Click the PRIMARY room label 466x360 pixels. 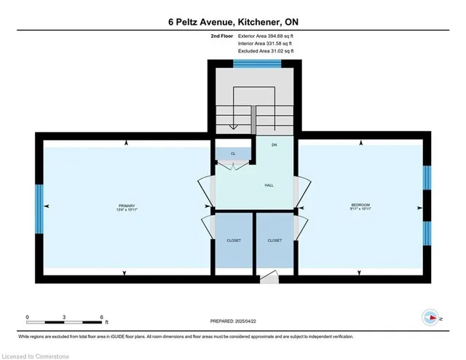point(127,206)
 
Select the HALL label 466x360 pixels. point(269,186)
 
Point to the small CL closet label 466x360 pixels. point(233,154)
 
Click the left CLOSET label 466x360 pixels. point(234,240)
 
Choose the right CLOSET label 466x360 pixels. point(275,240)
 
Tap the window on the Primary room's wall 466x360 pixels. point(40,208)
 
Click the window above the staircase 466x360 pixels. point(256,64)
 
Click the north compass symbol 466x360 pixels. point(431,317)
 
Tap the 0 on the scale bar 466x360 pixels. point(28,317)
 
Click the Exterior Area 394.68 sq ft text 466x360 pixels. point(266,35)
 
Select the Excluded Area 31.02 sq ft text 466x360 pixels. point(266,51)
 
